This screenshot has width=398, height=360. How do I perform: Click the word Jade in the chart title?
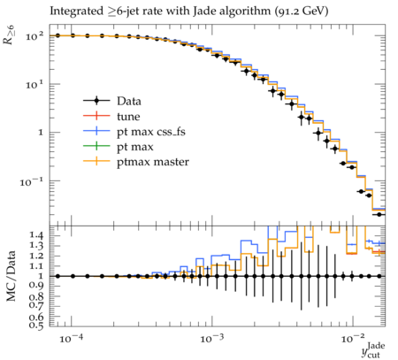pyautogui.click(x=203, y=11)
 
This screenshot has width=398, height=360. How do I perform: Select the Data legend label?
pyautogui.click(x=129, y=101)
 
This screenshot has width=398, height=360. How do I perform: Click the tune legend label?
pyautogui.click(x=128, y=117)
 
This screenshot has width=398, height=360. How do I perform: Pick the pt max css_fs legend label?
pyautogui.click(x=151, y=132)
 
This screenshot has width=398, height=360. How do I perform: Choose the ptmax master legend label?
pyautogui.click(x=153, y=162)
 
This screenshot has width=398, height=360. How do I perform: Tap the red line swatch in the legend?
pyautogui.click(x=96, y=116)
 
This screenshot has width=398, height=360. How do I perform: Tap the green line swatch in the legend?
pyautogui.click(x=96, y=147)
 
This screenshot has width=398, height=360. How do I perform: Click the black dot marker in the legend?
pyautogui.click(x=96, y=101)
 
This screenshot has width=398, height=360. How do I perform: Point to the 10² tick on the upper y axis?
pyautogui.click(x=34, y=36)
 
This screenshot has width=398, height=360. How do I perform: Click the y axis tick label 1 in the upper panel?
pyautogui.click(x=41, y=133)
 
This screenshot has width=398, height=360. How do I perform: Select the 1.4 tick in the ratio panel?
pyautogui.click(x=36, y=235)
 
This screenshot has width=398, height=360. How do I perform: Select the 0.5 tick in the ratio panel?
pyautogui.click(x=36, y=325)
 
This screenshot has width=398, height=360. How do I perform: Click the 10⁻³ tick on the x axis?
pyautogui.click(x=210, y=339)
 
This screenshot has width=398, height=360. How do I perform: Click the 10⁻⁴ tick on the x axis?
pyautogui.click(x=71, y=339)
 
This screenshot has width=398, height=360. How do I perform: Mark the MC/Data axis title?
pyautogui.click(x=11, y=276)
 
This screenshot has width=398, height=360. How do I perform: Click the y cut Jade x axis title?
pyautogui.click(x=373, y=349)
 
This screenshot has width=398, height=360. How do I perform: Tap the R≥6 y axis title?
pyautogui.click(x=9, y=34)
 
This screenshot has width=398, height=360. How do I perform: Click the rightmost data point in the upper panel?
pyautogui.click(x=379, y=214)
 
